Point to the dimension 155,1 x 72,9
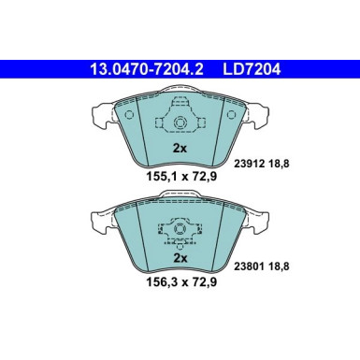[180, 174]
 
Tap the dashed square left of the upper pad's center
[165, 124]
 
